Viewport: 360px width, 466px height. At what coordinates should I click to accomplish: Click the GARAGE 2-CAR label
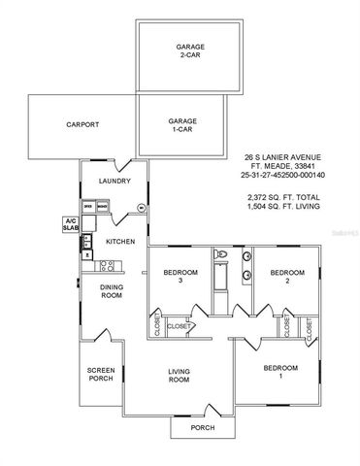189,50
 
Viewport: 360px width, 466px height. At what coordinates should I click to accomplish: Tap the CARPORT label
83,124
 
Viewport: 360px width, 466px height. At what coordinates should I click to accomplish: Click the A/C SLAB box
70,223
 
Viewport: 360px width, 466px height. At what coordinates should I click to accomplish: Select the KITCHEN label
120,241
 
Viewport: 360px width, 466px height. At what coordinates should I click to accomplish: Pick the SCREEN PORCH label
101,374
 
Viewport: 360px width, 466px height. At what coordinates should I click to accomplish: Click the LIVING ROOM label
180,374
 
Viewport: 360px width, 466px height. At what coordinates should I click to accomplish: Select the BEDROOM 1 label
282,374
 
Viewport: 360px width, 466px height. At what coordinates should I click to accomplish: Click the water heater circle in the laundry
140,208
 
